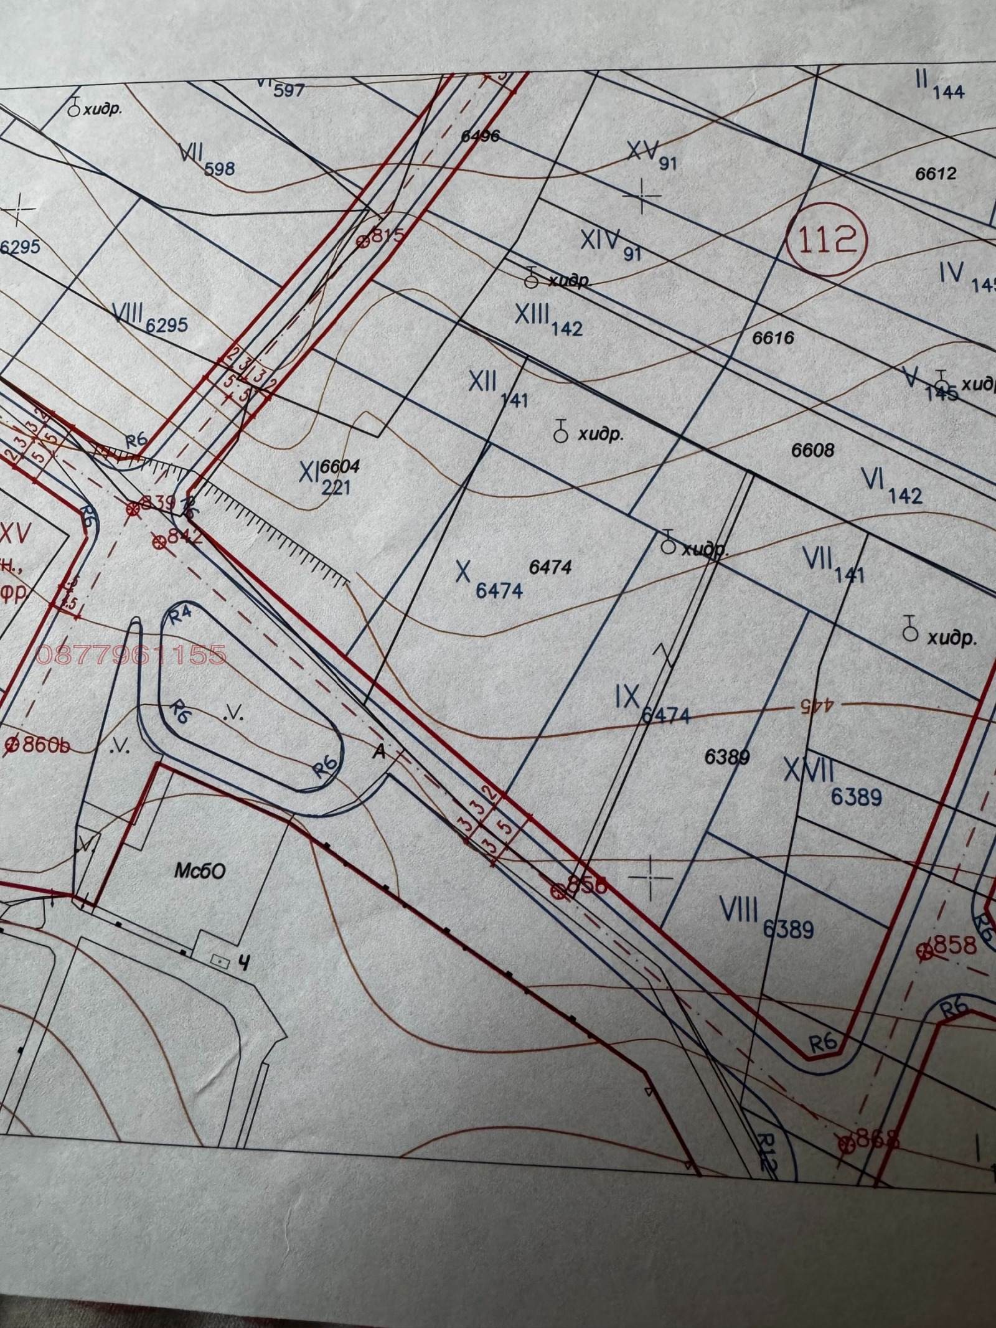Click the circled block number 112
coord(826,240)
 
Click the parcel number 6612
coord(934,173)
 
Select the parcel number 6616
coord(774,338)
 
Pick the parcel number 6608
coord(812,449)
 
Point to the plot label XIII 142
coord(548,319)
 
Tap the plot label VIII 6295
coord(149,318)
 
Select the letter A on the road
coord(377,752)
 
